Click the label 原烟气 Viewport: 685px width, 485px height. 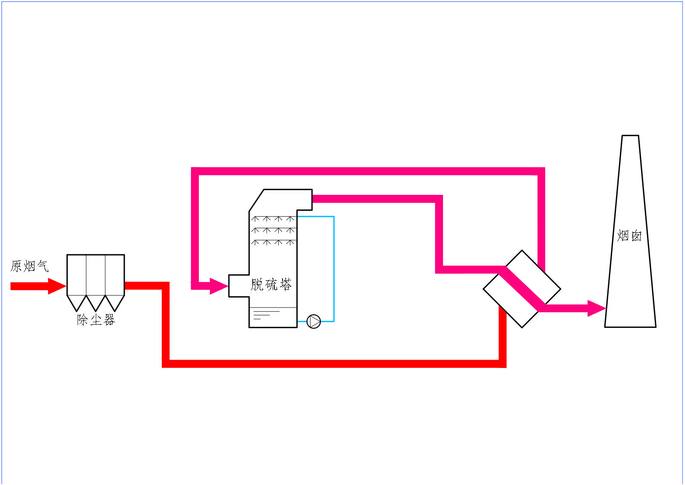tap(29, 266)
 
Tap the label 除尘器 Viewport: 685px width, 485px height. tap(96, 320)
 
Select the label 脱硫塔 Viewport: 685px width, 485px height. tap(271, 285)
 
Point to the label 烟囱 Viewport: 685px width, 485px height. tap(629, 236)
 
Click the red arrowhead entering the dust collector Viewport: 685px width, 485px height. tap(57, 286)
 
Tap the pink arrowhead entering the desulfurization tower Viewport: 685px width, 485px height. tap(218, 285)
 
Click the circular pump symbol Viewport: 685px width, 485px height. tap(314, 321)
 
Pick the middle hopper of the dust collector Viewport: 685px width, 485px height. tap(96, 302)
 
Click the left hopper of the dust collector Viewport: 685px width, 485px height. tap(77, 302)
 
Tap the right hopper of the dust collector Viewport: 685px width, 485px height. tap(115, 302)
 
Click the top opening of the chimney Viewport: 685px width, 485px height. tap(630, 136)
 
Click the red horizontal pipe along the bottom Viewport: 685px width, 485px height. tap(332, 364)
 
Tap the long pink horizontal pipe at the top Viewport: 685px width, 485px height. tap(367, 171)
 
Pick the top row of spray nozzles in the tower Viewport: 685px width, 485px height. tap(273, 219)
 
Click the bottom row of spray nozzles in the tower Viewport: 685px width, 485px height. tap(273, 243)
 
